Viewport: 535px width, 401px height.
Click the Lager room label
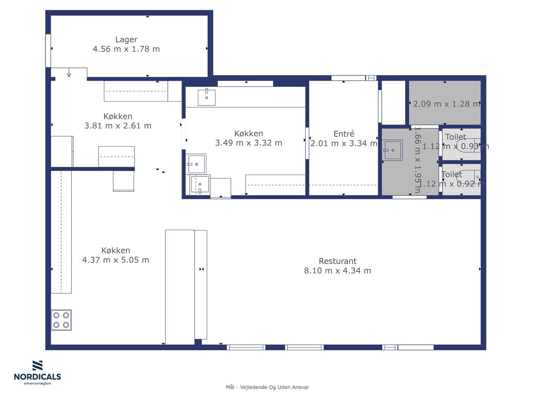(126, 39)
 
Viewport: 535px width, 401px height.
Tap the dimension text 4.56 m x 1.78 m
(126, 49)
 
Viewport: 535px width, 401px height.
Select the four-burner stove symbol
(61, 320)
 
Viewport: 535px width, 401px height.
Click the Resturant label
(337, 261)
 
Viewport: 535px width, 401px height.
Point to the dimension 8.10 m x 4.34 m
(337, 270)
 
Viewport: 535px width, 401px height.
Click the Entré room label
(344, 134)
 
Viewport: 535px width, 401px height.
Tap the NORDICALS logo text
(37, 377)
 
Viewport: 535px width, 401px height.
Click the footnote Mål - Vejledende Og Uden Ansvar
(267, 387)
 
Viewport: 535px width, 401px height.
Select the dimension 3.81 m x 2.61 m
(118, 126)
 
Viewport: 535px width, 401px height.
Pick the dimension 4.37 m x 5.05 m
(115, 260)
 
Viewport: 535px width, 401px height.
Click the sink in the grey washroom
(392, 150)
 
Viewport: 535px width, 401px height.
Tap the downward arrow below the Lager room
(69, 72)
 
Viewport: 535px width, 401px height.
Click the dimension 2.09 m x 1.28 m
(446, 104)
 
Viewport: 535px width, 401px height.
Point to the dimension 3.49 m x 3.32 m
(249, 143)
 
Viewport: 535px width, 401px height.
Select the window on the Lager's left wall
(48, 51)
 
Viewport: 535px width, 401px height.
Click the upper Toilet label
(456, 137)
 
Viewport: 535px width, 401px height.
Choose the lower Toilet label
(452, 174)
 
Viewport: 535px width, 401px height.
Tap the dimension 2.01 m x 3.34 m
(344, 143)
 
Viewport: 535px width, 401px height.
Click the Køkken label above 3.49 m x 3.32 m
(249, 133)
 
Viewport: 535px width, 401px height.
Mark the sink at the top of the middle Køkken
(206, 97)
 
